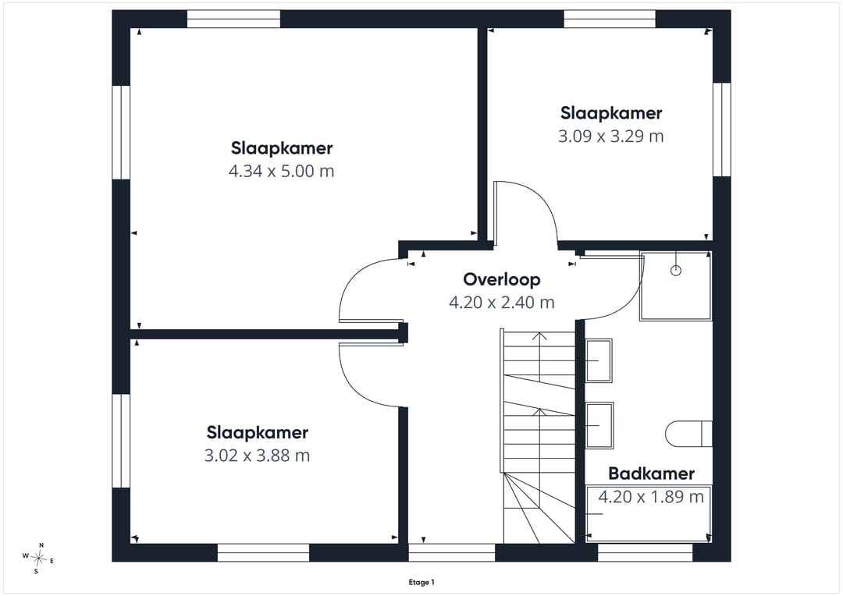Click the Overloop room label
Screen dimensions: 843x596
[x=502, y=279]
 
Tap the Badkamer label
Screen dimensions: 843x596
[x=651, y=474]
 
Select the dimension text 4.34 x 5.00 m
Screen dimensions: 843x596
[x=281, y=171]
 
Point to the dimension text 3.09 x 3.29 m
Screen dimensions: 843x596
[x=610, y=136]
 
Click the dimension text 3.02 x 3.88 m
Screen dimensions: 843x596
[x=257, y=456]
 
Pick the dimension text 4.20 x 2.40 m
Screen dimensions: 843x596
[x=502, y=303]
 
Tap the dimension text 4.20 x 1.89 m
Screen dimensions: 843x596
[x=651, y=497]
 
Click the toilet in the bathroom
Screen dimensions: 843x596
[x=688, y=434]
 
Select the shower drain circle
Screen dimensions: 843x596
[x=676, y=271]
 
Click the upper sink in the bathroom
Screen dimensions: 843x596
[x=599, y=360]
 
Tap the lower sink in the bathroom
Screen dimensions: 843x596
[x=599, y=425]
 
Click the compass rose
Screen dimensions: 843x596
[x=37, y=559]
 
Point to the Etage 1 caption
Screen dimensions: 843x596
[x=421, y=582]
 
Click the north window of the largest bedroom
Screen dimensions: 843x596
[x=234, y=19]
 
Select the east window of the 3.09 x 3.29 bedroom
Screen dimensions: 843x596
[x=722, y=129]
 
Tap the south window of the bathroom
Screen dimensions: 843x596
[x=646, y=553]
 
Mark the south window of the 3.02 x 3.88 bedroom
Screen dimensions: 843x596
[x=264, y=553]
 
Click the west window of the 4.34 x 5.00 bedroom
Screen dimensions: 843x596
[x=121, y=132]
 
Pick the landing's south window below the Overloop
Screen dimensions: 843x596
[x=452, y=553]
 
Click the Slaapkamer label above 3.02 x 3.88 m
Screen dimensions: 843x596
[x=257, y=433]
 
